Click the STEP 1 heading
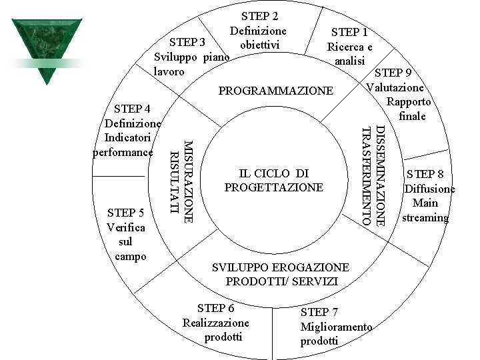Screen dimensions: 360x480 (349, 32)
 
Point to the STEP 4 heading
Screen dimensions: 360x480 (132, 109)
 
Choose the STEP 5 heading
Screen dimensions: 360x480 (126, 213)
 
